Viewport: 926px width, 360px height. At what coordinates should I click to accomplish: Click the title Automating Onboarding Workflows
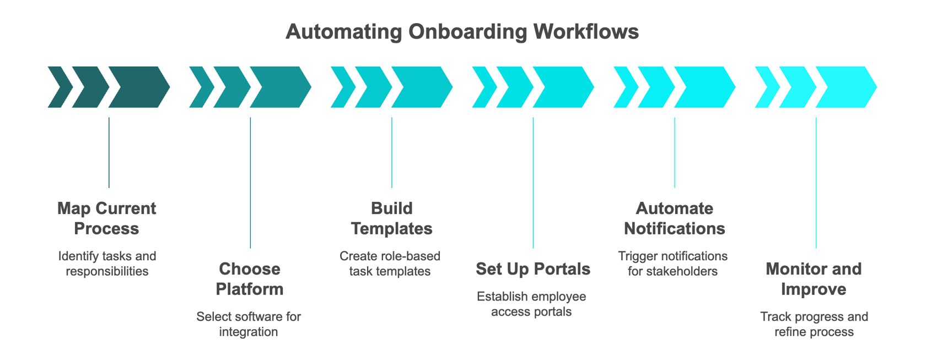tap(462, 31)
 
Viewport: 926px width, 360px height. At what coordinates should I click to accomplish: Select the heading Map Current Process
tap(106, 218)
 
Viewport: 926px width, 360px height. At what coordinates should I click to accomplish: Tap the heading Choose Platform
tap(249, 279)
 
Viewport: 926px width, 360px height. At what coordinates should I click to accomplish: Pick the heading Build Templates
tap(391, 218)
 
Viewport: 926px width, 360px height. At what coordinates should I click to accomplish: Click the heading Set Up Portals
tap(532, 269)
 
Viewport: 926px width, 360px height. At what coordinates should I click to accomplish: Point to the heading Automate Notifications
tap(674, 218)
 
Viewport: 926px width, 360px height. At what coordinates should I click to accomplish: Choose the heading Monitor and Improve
tap(814, 279)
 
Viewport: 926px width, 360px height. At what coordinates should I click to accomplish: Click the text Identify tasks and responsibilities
tap(107, 264)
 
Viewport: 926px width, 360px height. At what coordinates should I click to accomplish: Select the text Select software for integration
tap(249, 324)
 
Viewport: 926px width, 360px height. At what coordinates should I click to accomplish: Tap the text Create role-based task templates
tap(390, 264)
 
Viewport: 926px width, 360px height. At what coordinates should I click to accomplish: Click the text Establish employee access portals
tap(531, 304)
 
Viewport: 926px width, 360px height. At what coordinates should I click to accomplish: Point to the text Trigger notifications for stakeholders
tap(672, 264)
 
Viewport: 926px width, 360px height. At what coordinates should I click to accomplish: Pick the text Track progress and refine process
tap(814, 324)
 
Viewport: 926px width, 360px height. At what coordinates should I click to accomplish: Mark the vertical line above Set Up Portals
tap(533, 182)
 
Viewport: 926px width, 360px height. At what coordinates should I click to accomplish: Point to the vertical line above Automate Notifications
tap(675, 153)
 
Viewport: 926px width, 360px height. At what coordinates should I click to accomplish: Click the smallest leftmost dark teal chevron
tap(59, 87)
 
